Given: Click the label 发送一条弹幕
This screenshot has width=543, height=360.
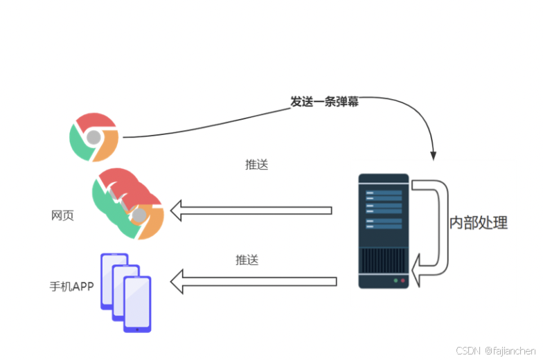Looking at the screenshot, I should point(325,101).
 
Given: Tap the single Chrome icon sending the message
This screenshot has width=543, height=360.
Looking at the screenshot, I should point(94,136).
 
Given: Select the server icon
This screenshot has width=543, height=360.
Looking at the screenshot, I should point(383,231).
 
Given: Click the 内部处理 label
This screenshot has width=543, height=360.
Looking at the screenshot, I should point(479,223).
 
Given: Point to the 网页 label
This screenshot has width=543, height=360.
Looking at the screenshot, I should point(62,215).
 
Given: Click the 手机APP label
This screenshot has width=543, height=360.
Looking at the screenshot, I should point(71,285).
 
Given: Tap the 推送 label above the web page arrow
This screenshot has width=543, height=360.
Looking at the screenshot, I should point(256,165).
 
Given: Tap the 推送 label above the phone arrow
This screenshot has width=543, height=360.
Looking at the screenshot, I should point(247,260).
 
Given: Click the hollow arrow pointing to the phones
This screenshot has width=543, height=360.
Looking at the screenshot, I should point(253,282).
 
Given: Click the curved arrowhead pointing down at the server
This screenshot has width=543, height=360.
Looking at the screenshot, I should point(434,154).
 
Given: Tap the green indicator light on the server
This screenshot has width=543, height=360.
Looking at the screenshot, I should point(404,281).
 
